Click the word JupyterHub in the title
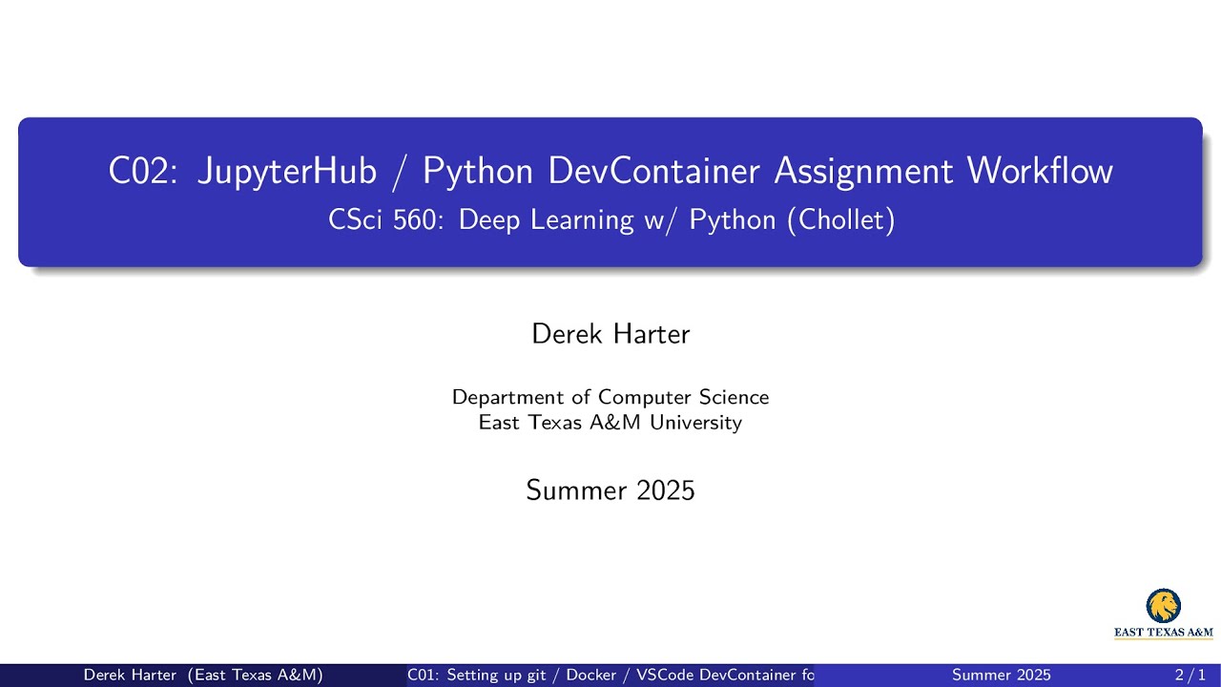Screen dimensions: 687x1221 [x=287, y=171]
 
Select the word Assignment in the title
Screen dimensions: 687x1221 [x=864, y=171]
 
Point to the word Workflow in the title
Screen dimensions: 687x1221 [x=1040, y=171]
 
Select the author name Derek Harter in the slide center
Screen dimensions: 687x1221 [x=610, y=334]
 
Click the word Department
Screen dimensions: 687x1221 [x=508, y=397]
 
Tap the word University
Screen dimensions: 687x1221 [x=696, y=423]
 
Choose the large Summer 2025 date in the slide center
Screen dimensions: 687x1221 [x=610, y=490]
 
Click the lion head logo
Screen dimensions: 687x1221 [x=1164, y=606]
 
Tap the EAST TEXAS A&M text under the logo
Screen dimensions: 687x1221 [x=1164, y=632]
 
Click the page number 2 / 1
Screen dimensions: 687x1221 [x=1191, y=676]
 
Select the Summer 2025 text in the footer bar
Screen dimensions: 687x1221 [x=1002, y=676]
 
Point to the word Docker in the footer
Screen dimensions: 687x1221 [x=591, y=676]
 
